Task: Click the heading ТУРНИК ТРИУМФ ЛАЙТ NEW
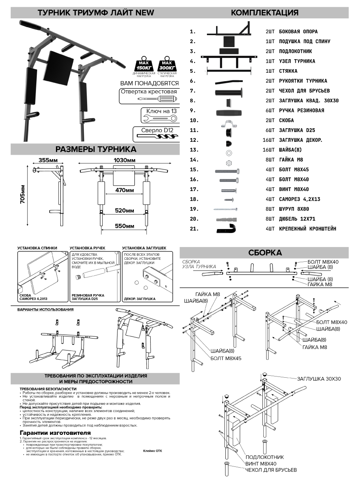95,12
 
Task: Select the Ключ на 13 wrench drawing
159,118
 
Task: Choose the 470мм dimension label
124,191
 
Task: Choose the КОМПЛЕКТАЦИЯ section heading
265,12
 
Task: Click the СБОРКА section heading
265,253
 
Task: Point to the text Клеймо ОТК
153,450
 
